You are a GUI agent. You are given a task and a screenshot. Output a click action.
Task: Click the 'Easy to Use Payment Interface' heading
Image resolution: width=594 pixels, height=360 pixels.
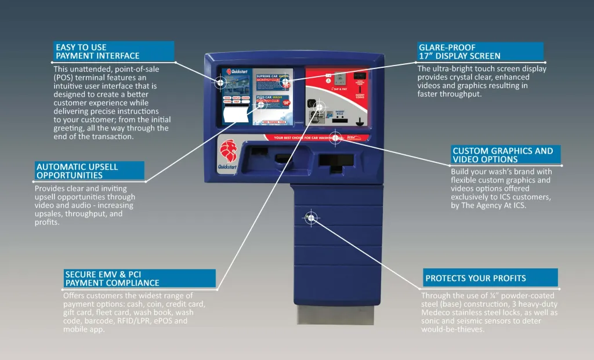tap(97, 51)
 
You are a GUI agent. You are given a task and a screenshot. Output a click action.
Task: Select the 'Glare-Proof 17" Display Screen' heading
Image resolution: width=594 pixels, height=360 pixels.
tap(459, 51)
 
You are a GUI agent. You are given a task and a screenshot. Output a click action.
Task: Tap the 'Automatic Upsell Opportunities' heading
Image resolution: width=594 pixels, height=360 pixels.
tap(77, 170)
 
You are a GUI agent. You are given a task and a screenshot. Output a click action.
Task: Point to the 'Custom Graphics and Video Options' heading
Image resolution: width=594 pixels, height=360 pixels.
tap(502, 155)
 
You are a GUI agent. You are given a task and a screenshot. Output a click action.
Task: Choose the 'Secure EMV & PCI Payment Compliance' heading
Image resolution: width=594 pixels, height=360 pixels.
tap(112, 278)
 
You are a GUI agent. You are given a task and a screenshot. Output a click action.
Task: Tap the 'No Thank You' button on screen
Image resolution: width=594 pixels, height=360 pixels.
tap(274, 122)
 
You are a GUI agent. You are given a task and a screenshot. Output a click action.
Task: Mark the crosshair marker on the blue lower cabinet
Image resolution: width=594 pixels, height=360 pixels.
tap(311, 217)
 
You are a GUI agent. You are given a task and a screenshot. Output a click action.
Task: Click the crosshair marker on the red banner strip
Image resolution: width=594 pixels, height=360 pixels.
tap(335, 137)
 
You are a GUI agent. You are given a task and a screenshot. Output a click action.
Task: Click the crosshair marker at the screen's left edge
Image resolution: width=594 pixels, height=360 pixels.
tap(220, 82)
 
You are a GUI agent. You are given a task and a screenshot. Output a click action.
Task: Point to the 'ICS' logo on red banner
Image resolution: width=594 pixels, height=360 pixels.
tap(355, 138)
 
